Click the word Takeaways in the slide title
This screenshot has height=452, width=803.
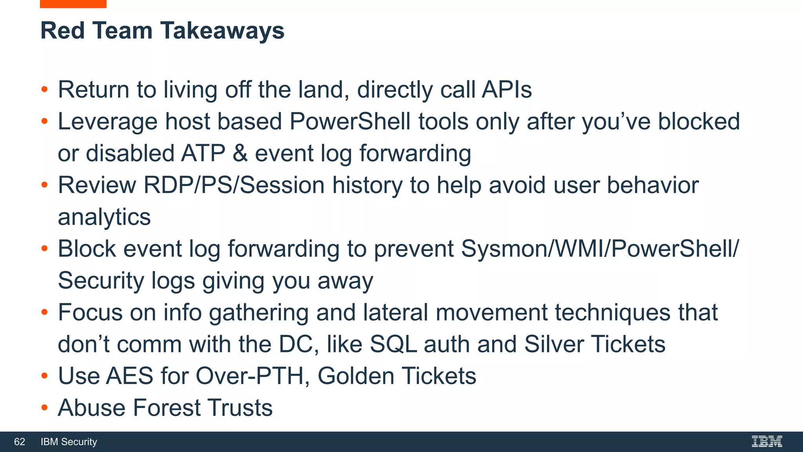point(222,31)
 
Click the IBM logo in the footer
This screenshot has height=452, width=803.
point(767,441)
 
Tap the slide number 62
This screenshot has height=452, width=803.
point(20,442)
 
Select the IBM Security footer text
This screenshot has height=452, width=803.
point(69,442)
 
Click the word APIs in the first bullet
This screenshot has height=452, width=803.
point(507,89)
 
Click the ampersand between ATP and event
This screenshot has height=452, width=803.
point(240,153)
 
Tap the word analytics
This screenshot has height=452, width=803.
point(104,217)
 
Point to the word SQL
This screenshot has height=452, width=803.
point(393,344)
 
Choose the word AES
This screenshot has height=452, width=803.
point(129,376)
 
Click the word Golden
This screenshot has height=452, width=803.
point(356,376)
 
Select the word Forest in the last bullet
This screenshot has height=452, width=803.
point(167,408)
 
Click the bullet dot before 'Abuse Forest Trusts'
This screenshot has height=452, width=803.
point(44,408)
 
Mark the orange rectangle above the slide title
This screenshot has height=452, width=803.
point(73,4)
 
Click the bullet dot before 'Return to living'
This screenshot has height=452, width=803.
point(44,89)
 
